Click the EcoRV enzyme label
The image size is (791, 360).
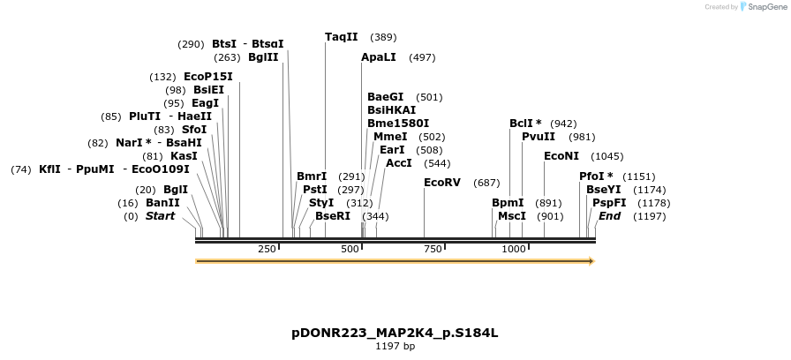442,183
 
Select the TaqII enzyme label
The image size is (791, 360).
342,37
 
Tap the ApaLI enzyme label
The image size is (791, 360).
379,57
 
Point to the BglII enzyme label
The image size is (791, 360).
263,57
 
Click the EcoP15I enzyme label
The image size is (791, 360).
208,77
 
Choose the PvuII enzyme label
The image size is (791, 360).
539,137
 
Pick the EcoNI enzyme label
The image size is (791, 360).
561,156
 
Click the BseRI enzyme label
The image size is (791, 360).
333,216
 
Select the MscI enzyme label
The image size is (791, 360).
512,216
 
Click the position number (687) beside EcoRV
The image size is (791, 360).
486,183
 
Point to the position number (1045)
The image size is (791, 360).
607,156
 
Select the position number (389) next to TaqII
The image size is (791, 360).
383,37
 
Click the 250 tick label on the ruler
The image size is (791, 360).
267,250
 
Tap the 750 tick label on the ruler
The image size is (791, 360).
433,250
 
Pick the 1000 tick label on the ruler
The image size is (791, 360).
514,250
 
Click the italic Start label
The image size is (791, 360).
161,216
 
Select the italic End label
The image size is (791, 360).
609,216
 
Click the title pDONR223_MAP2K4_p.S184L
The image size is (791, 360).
395,333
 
